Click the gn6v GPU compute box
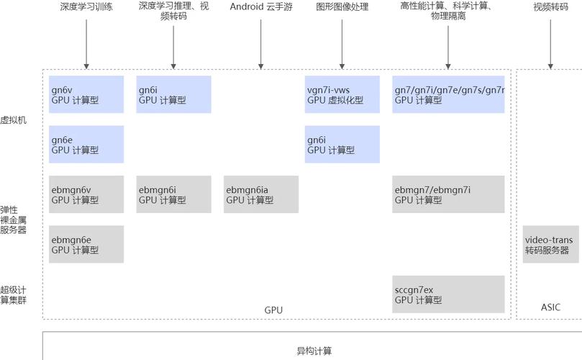86,94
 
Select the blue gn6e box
86,144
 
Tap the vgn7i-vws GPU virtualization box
342,94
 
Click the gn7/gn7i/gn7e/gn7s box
448,94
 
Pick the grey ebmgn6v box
86,194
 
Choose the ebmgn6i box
173,194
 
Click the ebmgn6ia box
260,194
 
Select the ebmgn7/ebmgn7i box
448,194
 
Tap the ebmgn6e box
86,244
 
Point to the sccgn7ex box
448,294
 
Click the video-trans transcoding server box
550,244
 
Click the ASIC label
550,307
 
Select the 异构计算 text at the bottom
314,351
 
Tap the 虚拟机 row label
14,120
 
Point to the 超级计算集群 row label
14,294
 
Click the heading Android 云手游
260,7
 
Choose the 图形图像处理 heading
342,7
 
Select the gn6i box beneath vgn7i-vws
342,144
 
